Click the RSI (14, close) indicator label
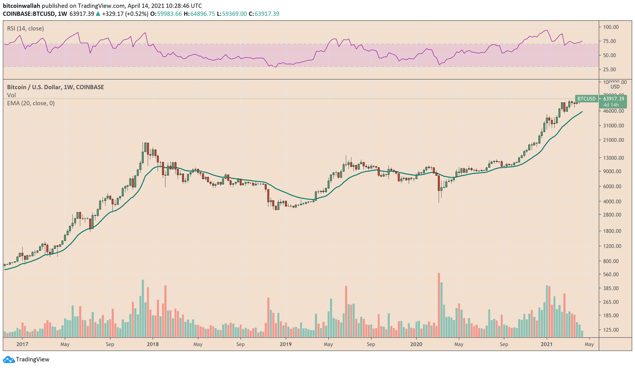(x=25, y=29)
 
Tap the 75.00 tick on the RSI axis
(x=609, y=41)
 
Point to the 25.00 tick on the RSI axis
(x=609, y=70)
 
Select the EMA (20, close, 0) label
(x=31, y=103)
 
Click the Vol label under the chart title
(x=12, y=95)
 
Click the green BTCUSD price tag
(x=586, y=99)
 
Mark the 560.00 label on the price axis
(x=611, y=275)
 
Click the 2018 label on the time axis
(x=152, y=344)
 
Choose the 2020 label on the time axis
(x=416, y=344)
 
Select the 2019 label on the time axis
(x=285, y=344)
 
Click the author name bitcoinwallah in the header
(x=21, y=6)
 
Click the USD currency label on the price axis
(x=615, y=87)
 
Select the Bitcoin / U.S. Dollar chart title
(x=56, y=87)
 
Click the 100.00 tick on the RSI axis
(x=611, y=27)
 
